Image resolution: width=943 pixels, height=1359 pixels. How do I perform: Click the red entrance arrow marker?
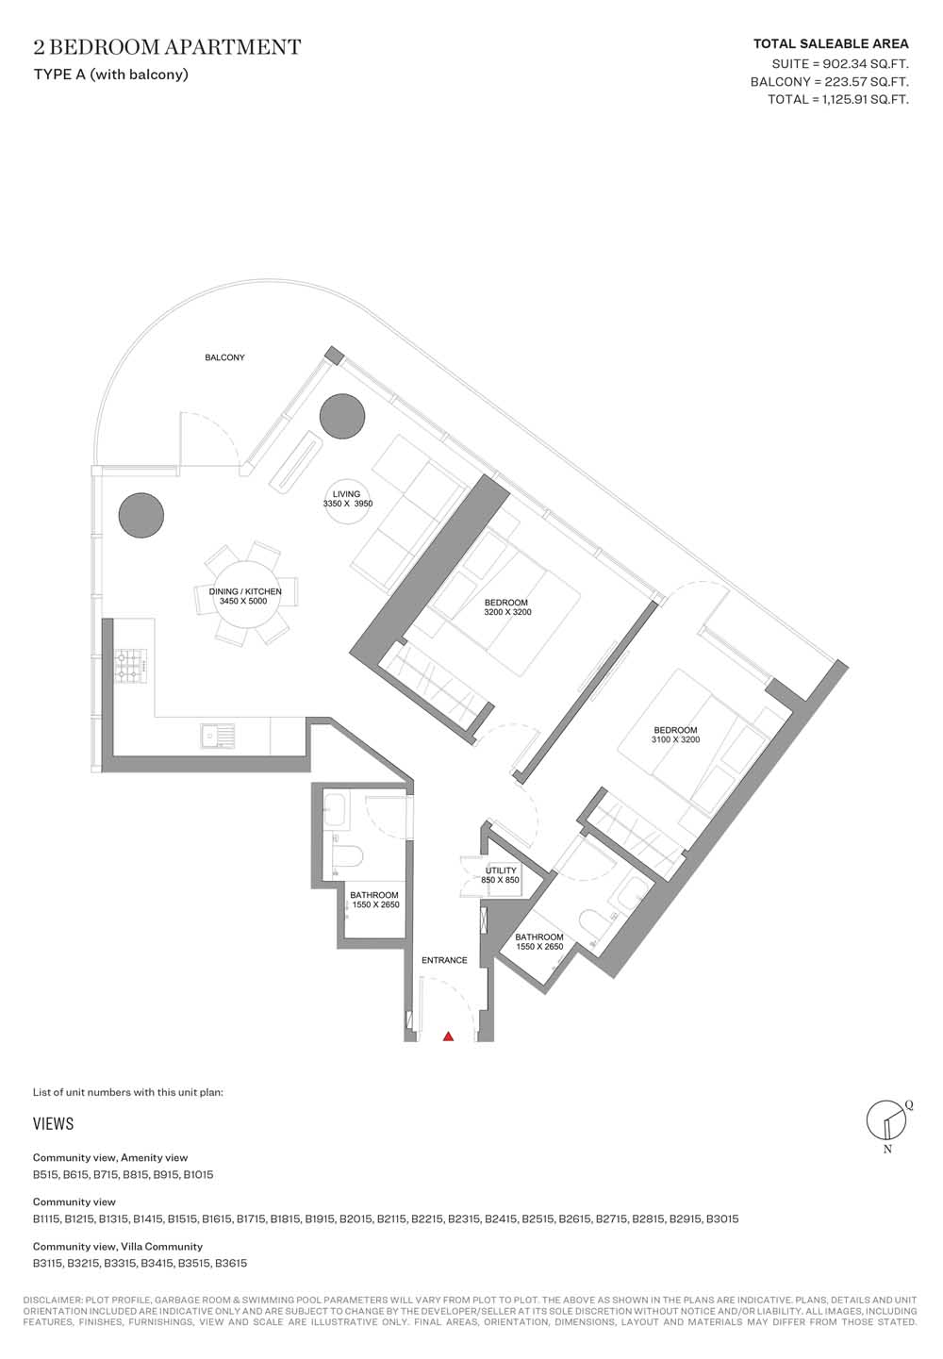coord(448,1036)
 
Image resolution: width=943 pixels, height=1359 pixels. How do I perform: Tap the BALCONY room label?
coord(224,357)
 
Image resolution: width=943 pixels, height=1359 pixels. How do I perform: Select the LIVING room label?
coord(346,494)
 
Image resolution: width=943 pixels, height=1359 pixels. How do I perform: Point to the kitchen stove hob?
coord(131,667)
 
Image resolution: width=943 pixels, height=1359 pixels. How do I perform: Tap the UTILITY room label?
coord(501,870)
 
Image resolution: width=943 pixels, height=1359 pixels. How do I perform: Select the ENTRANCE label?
coord(444,960)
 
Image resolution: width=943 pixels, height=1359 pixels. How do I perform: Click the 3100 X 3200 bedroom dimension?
coord(675,739)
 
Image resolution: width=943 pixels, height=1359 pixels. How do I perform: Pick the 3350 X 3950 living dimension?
coord(348,504)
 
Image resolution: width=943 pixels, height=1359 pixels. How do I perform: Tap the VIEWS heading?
coord(54,1123)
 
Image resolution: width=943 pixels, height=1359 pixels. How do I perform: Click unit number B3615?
coord(231,1263)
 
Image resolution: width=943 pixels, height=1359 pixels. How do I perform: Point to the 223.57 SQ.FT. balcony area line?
coord(829,81)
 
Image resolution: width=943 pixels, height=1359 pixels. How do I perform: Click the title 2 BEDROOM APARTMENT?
coord(167,47)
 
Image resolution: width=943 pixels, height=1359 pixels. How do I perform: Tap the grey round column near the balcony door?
coord(141,515)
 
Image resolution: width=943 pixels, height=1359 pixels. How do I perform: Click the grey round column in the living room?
coord(342,416)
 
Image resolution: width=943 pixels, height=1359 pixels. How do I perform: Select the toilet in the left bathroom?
coord(344,857)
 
